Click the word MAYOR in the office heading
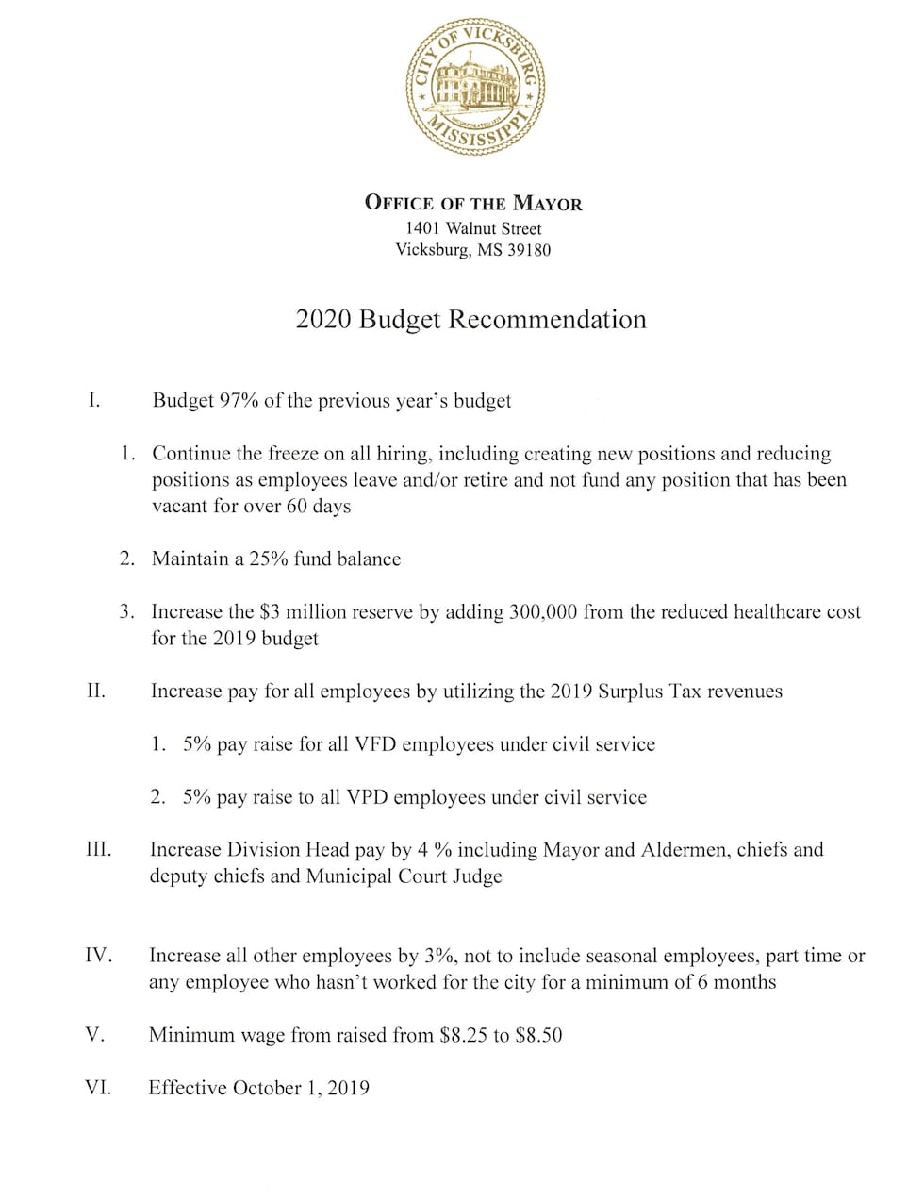point(547,203)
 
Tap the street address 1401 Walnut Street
point(473,228)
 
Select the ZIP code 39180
point(529,250)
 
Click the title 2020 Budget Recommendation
point(471,320)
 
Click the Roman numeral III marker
point(98,849)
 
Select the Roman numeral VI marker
point(98,1088)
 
